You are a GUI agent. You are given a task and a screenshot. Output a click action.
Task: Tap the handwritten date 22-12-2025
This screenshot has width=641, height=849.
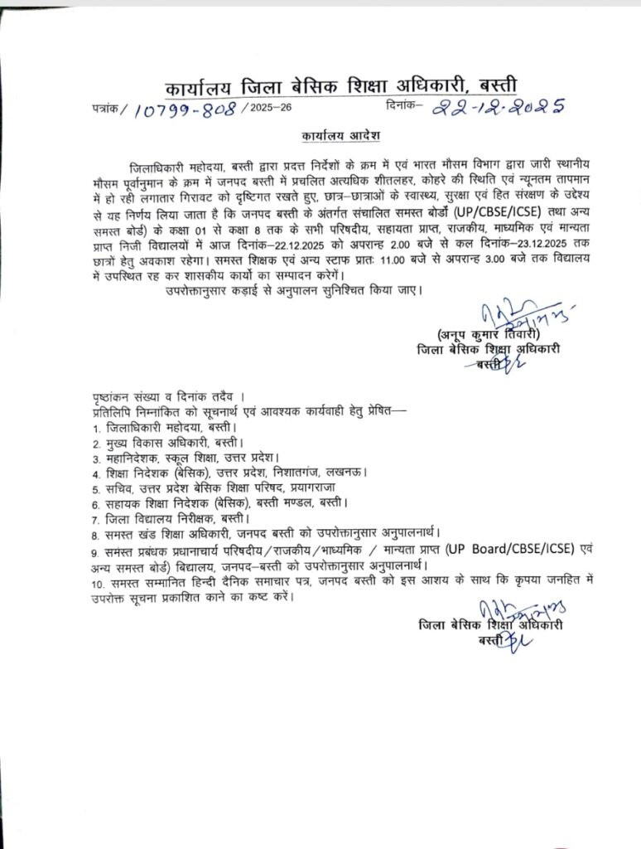pyautogui.click(x=498, y=105)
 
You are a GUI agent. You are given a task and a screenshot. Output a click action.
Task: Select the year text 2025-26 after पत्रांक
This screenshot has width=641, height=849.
pyautogui.click(x=270, y=109)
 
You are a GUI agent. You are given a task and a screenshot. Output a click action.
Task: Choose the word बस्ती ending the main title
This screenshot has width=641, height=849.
pyautogui.click(x=494, y=85)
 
